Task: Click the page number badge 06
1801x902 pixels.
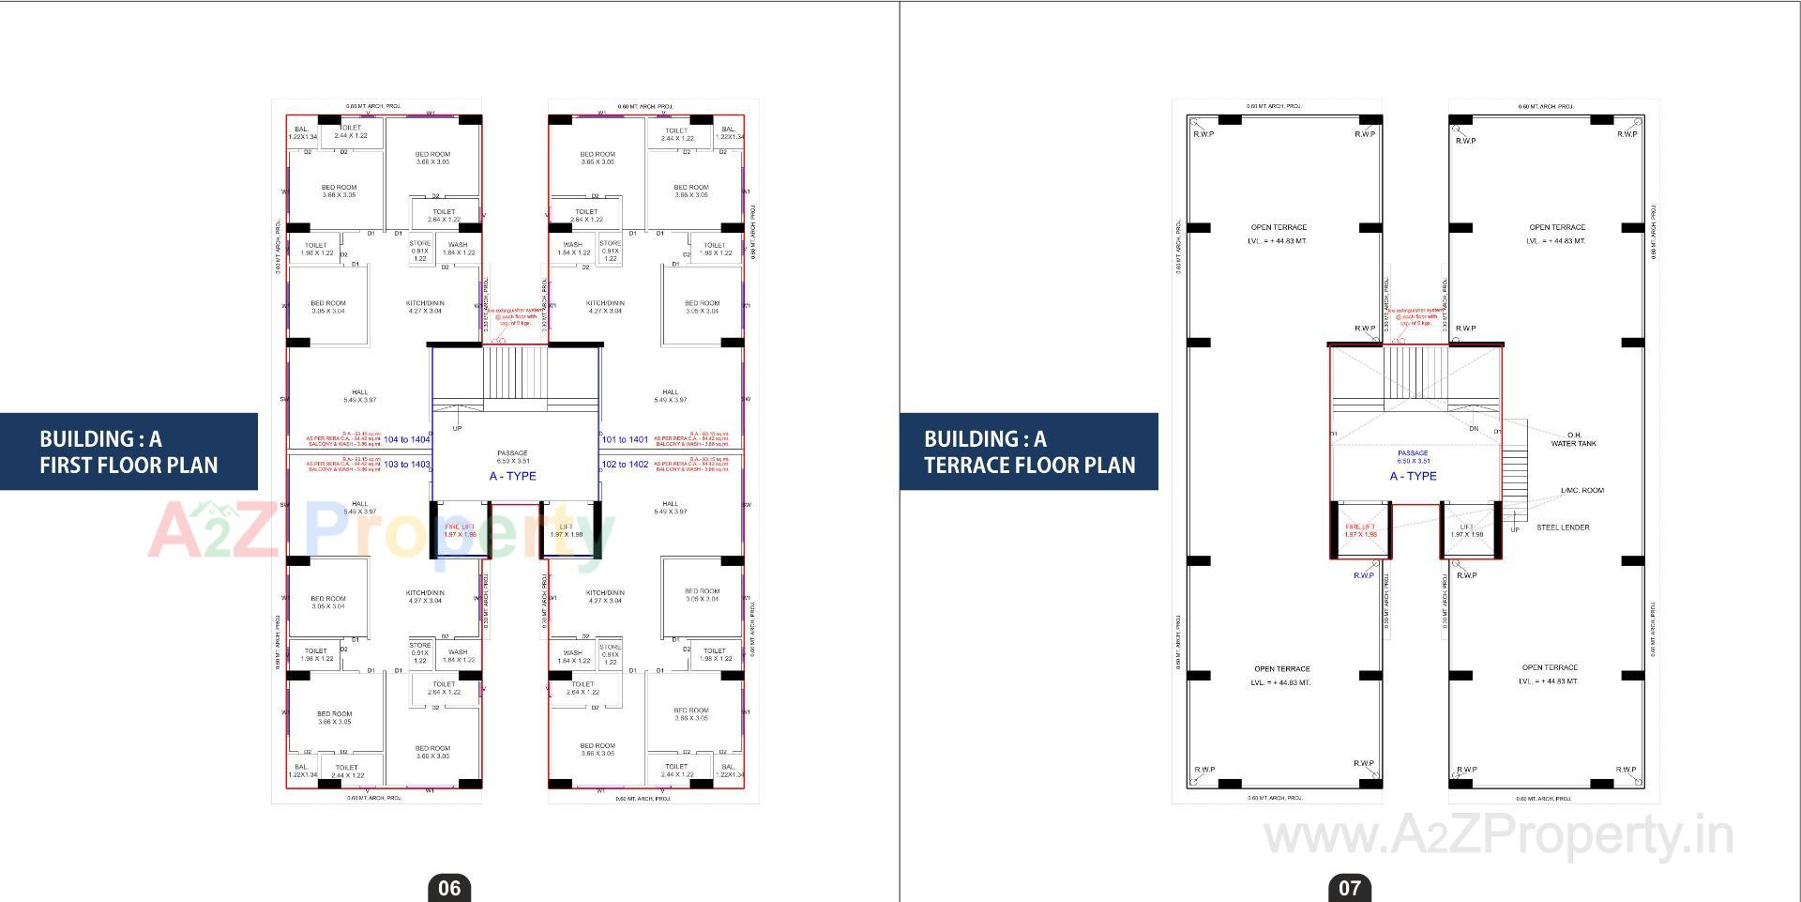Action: [x=449, y=888]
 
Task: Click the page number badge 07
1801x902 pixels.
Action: [x=1350, y=888]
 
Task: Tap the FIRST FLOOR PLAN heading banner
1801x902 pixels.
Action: [x=129, y=451]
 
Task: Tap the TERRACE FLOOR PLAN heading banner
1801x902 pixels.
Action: [x=1029, y=451]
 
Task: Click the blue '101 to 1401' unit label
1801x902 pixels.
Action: [x=625, y=439]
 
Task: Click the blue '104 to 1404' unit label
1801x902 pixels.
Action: [x=407, y=439]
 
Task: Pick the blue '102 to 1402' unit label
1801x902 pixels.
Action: [x=625, y=465]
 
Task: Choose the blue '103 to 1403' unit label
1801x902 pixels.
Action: [x=407, y=465]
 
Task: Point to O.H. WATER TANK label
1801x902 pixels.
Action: [x=1573, y=439]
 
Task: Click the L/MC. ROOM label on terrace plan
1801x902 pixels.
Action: [x=1582, y=490]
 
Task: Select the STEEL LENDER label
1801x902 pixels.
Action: [x=1563, y=527]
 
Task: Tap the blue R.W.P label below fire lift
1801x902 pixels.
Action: [x=1363, y=575]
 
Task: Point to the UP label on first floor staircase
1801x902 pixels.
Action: [x=457, y=429]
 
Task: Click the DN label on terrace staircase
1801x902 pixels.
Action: [x=1474, y=429]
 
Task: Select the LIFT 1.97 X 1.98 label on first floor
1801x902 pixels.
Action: [x=566, y=530]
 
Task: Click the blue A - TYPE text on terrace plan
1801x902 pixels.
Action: [x=1413, y=476]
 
